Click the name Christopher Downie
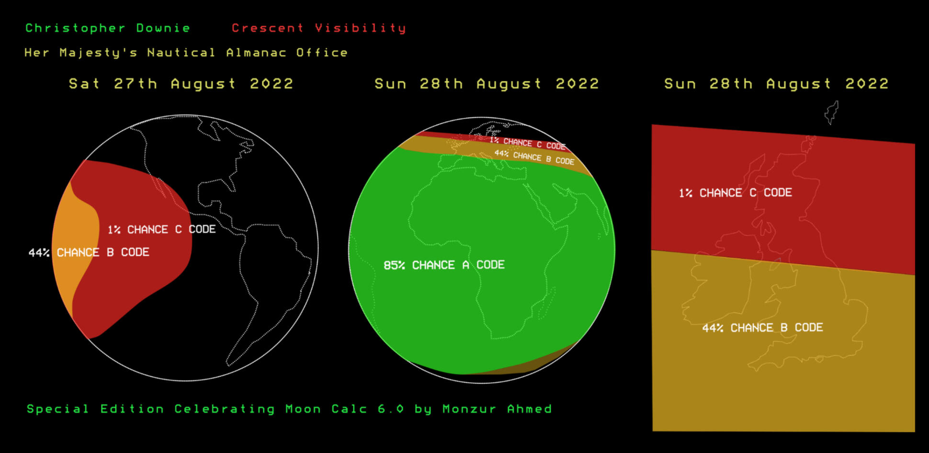click(x=108, y=28)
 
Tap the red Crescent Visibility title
click(x=318, y=28)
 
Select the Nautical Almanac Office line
click(x=186, y=53)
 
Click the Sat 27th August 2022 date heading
click(x=181, y=84)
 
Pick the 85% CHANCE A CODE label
click(x=444, y=265)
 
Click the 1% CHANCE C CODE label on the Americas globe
click(x=161, y=229)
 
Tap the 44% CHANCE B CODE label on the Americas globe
click(x=89, y=252)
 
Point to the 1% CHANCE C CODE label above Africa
click(x=527, y=143)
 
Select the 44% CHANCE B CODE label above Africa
click(x=534, y=157)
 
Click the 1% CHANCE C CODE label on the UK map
click(x=735, y=193)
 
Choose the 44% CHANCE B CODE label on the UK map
click(x=762, y=328)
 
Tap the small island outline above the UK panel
click(x=832, y=113)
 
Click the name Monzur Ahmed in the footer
click(x=497, y=409)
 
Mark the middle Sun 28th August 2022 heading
click(x=487, y=84)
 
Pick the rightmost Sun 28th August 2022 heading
click(x=776, y=84)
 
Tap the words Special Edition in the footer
click(x=95, y=409)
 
